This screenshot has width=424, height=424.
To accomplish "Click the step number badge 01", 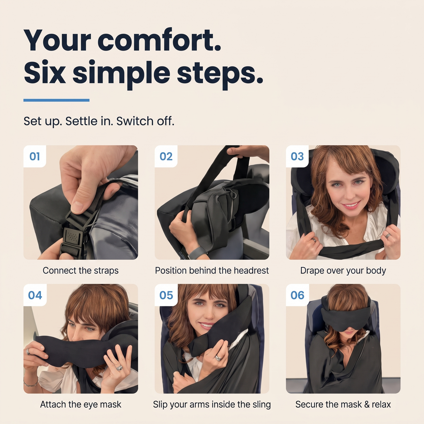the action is click(x=35, y=156).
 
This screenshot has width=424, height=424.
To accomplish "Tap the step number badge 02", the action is click(x=166, y=156).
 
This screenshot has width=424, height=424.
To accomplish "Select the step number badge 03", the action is click(x=297, y=156).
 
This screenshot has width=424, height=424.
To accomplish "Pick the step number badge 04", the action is click(x=35, y=295).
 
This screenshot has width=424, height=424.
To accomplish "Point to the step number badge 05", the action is click(x=166, y=295).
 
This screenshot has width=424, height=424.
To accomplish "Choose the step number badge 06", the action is click(x=297, y=295).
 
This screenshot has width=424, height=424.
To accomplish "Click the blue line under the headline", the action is click(x=56, y=100).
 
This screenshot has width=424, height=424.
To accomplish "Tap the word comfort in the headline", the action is click(x=159, y=41).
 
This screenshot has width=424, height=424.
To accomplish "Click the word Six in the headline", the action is click(x=45, y=72).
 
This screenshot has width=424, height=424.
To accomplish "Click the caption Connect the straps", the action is click(x=81, y=270).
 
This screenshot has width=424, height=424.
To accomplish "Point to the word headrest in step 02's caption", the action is click(x=251, y=270).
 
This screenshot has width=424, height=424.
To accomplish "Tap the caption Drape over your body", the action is click(x=343, y=271).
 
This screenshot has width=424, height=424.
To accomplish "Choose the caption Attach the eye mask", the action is click(x=81, y=404).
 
